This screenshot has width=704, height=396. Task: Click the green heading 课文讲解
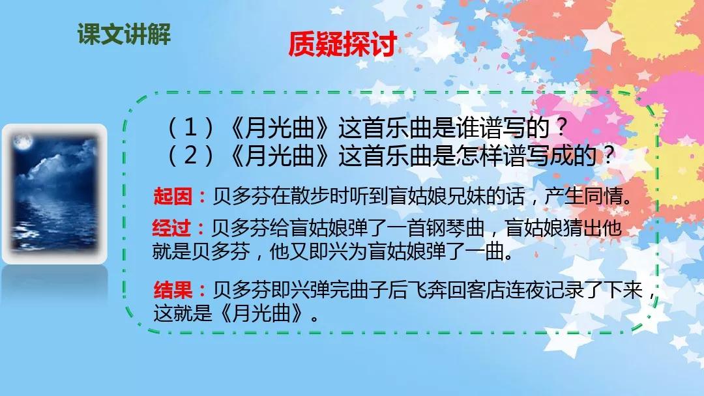[124, 34]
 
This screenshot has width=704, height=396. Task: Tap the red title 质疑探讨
[342, 44]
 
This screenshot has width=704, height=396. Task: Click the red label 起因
[172, 197]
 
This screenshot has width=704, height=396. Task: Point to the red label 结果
[173, 290]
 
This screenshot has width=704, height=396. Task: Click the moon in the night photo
[23, 143]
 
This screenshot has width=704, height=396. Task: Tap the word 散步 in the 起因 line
[310, 197]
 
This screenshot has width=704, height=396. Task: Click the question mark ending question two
[608, 156]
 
